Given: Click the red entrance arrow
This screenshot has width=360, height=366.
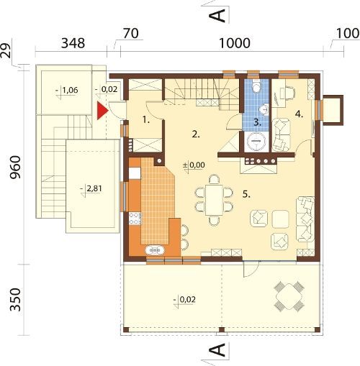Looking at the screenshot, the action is tap(102, 111).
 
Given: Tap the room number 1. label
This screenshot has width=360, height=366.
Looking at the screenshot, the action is tap(146, 119).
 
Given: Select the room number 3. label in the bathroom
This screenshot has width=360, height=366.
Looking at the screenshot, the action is tap(257, 122).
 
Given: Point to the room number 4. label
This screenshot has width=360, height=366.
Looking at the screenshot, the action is tap(299, 114).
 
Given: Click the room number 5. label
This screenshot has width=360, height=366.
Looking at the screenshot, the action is tap(246, 194).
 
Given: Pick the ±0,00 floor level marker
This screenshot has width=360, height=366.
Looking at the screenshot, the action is tap(194, 165).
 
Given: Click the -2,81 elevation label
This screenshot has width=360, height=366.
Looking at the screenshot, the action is tap(91, 189).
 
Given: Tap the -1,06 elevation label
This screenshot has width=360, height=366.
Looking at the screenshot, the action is tap(67, 91).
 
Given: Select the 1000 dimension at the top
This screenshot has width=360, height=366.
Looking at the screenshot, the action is tap(235, 43).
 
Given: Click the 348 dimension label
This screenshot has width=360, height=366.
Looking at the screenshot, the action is tap(73, 43).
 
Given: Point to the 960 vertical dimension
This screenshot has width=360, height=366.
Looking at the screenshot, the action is tap(16, 167).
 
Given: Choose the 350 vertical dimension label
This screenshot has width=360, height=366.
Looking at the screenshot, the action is tap(16, 300).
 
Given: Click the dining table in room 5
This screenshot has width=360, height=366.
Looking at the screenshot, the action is tap(214, 200).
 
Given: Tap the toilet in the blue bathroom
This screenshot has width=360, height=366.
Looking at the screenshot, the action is tap(257, 87).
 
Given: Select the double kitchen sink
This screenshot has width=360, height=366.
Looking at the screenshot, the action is tap(155, 250).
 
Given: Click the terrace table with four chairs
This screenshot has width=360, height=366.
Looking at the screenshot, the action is tap(289, 296).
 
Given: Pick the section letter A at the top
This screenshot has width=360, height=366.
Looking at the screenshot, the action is tap(217, 16).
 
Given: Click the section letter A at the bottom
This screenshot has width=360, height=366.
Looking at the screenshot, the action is tap(217, 350).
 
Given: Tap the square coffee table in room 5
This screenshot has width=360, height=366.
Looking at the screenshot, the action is tap(280, 219).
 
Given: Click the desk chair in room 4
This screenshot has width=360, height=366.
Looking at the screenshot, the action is tap(290, 92).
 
